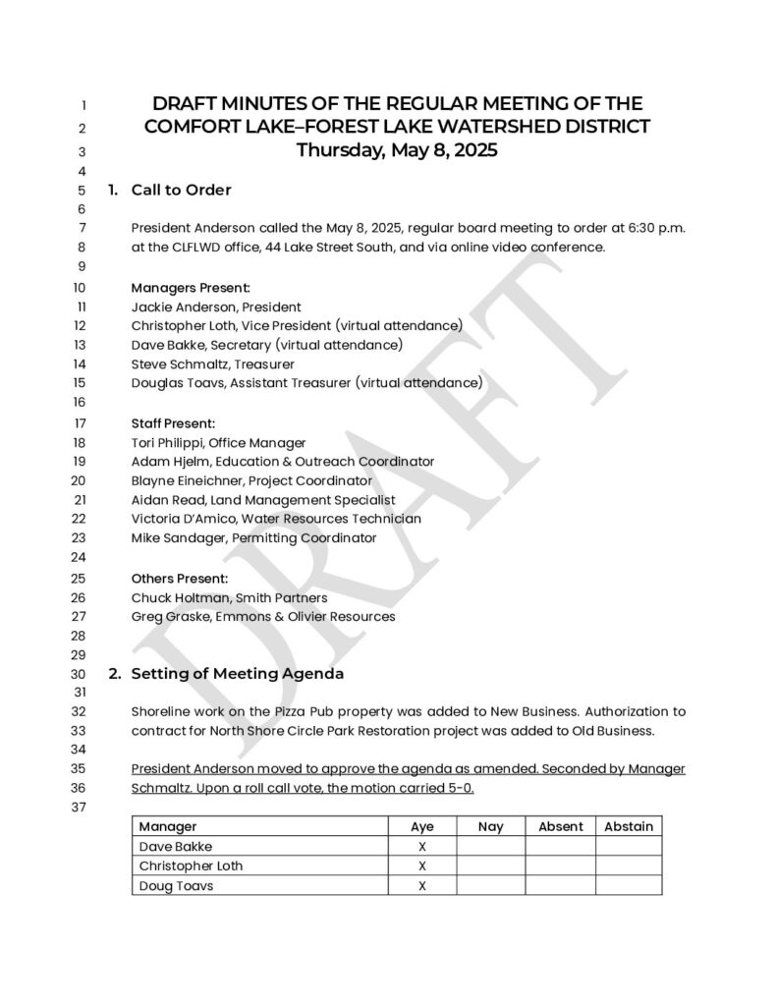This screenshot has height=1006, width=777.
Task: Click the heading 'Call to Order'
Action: (181, 190)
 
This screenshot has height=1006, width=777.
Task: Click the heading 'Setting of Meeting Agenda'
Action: (237, 674)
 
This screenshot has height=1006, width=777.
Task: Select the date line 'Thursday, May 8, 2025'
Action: (397, 150)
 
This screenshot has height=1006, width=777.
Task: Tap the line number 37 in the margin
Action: (81, 808)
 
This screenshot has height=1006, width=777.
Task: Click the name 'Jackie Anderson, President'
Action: (216, 307)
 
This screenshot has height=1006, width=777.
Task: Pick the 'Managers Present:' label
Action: (191, 288)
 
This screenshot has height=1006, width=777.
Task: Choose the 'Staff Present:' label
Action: (173, 423)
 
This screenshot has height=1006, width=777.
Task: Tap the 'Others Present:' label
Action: (180, 579)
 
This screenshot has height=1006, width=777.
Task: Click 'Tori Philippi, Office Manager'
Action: (218, 443)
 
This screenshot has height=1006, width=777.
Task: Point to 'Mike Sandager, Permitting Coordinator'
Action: (253, 537)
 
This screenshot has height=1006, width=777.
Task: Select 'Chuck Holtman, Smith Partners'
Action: (229, 597)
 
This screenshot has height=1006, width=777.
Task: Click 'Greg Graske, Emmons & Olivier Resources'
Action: (263, 617)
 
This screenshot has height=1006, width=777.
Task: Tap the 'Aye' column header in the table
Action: (421, 826)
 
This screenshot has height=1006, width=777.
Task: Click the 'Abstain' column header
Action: (629, 826)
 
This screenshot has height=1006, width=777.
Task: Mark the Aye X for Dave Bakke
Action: (421, 846)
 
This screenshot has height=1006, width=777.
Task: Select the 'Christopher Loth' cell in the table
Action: (191, 866)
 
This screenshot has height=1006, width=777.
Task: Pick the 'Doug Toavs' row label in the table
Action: (176, 885)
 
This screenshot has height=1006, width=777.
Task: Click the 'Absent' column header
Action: (561, 826)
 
